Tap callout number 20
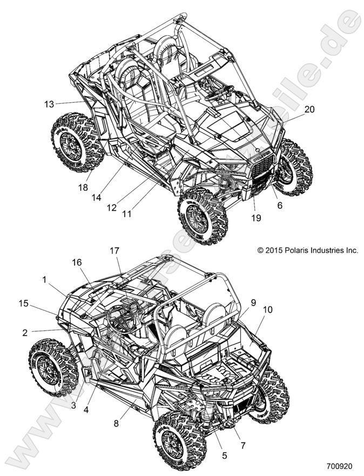coord(324,109)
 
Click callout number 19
coord(255,218)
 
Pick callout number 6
coord(279,205)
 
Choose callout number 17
coord(114,251)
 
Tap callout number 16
coord(77,262)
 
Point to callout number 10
coord(268,310)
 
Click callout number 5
coord(224,455)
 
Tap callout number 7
coord(243,446)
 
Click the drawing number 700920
coord(339,465)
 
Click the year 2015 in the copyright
coord(272,250)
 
